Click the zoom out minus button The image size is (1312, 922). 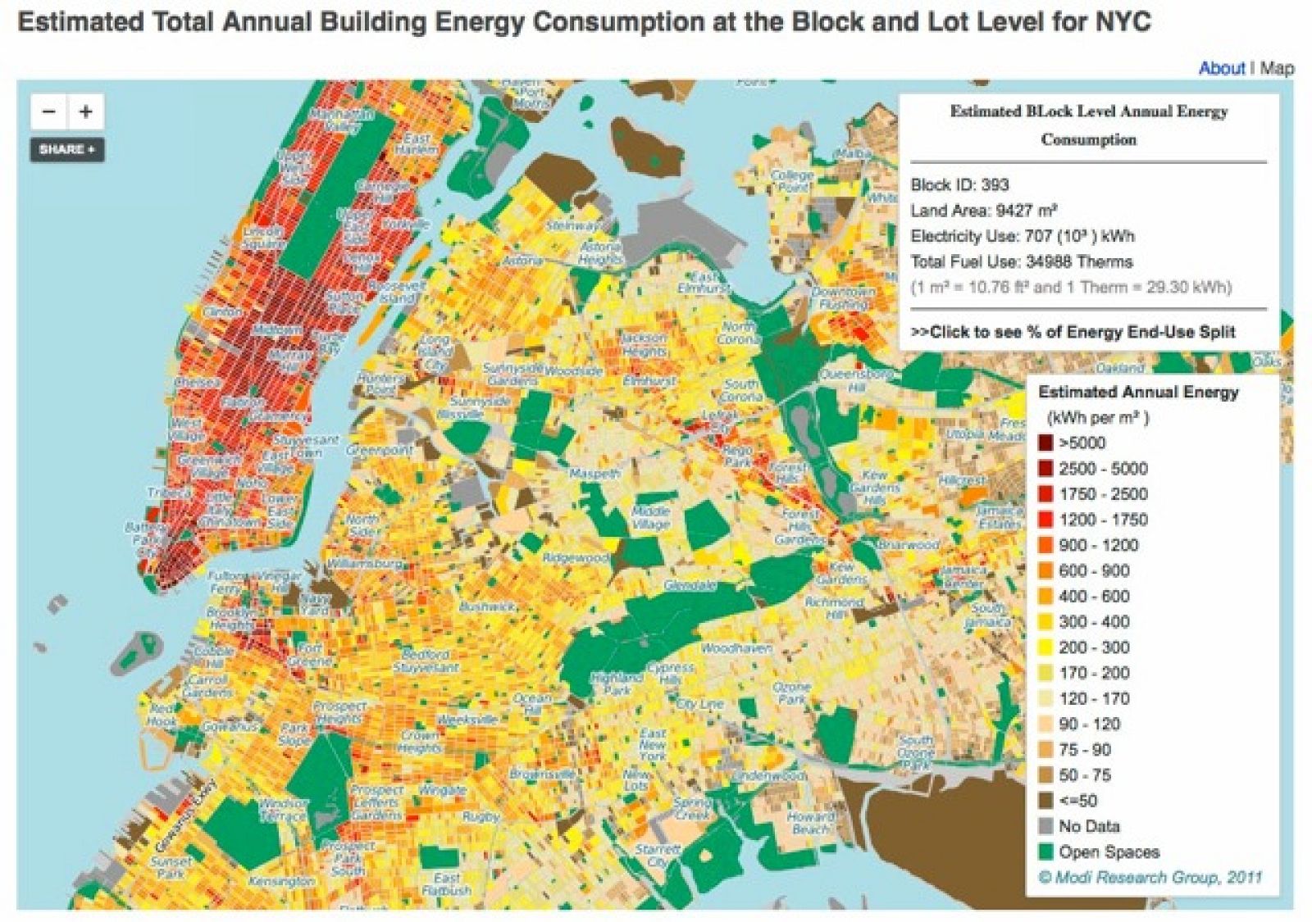click(49, 111)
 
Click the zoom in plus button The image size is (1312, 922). click(86, 111)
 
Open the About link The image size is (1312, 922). click(1221, 68)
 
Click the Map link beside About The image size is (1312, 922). click(1277, 68)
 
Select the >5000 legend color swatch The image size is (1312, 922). click(1045, 443)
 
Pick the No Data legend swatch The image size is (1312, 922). click(1045, 826)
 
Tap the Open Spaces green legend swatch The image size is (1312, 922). click(1045, 852)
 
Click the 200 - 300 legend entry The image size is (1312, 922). click(1093, 647)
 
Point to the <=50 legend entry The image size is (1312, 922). click(1077, 801)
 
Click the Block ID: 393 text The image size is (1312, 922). click(959, 184)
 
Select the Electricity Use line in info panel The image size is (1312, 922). click(1022, 236)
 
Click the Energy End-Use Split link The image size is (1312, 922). click(1073, 332)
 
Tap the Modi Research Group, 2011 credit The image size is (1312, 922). click(1150, 877)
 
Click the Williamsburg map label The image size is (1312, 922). click(363, 564)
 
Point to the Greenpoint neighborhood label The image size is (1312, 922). click(379, 450)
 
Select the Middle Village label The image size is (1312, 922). click(651, 517)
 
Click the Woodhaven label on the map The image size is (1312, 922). click(736, 647)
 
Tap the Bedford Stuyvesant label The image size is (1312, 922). click(425, 661)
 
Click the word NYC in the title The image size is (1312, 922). click(1123, 21)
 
